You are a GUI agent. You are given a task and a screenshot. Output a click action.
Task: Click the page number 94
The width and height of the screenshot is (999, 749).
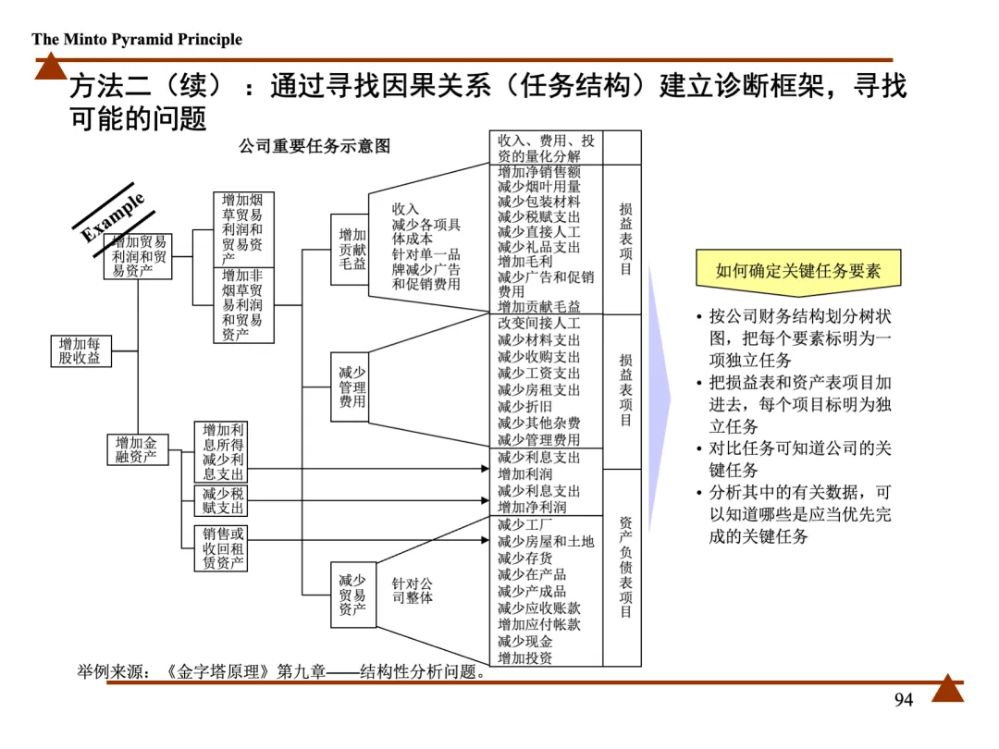point(904,700)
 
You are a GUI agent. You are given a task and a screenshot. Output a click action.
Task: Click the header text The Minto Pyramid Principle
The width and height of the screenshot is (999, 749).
point(137,39)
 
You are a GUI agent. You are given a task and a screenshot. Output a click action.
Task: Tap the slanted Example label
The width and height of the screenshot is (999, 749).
point(112,216)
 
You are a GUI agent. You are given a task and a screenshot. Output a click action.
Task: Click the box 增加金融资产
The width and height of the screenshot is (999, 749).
point(136,449)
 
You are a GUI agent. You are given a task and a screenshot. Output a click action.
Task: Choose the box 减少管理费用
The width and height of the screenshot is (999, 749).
point(351,387)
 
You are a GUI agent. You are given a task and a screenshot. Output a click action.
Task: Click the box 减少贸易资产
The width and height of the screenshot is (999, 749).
point(351,595)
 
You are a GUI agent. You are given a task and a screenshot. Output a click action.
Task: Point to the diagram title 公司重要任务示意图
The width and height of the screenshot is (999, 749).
point(314,146)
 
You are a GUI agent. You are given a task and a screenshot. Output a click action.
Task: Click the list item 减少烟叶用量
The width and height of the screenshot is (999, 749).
point(539,187)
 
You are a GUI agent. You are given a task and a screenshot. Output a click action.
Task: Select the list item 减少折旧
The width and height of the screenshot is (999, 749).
point(525,407)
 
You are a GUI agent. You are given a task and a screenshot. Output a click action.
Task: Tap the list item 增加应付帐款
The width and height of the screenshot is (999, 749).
point(539,624)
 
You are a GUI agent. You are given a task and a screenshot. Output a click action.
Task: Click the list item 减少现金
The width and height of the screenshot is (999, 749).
point(525,641)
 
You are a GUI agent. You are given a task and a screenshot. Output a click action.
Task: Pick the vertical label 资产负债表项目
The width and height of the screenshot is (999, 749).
point(625,567)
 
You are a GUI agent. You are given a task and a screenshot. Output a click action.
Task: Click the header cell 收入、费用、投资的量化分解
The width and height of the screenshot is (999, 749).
point(546,148)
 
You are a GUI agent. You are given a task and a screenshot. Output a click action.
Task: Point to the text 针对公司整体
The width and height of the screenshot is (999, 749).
point(412,591)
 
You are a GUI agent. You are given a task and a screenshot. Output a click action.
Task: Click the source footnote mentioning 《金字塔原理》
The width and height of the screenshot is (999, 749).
point(282,672)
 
